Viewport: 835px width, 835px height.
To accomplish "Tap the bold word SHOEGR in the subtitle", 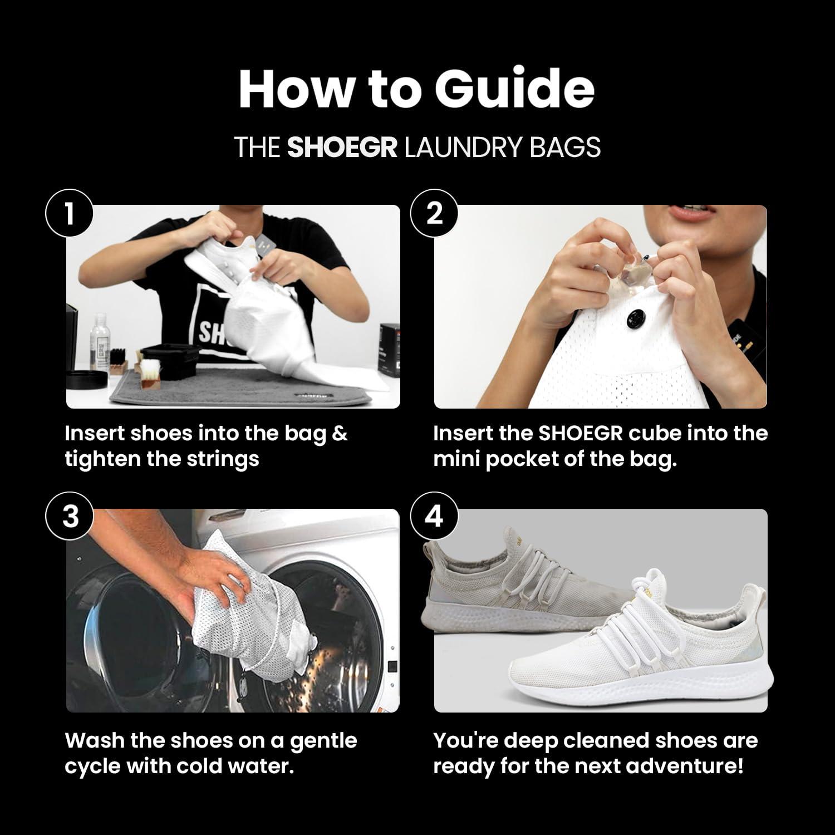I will tap(342, 148).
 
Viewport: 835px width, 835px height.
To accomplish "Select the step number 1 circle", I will tap(69, 213).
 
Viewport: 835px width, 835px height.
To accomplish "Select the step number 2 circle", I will tap(434, 213).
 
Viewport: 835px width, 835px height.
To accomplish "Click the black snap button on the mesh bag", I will tap(635, 318).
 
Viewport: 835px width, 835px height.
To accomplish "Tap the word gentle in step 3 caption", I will tap(323, 741).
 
